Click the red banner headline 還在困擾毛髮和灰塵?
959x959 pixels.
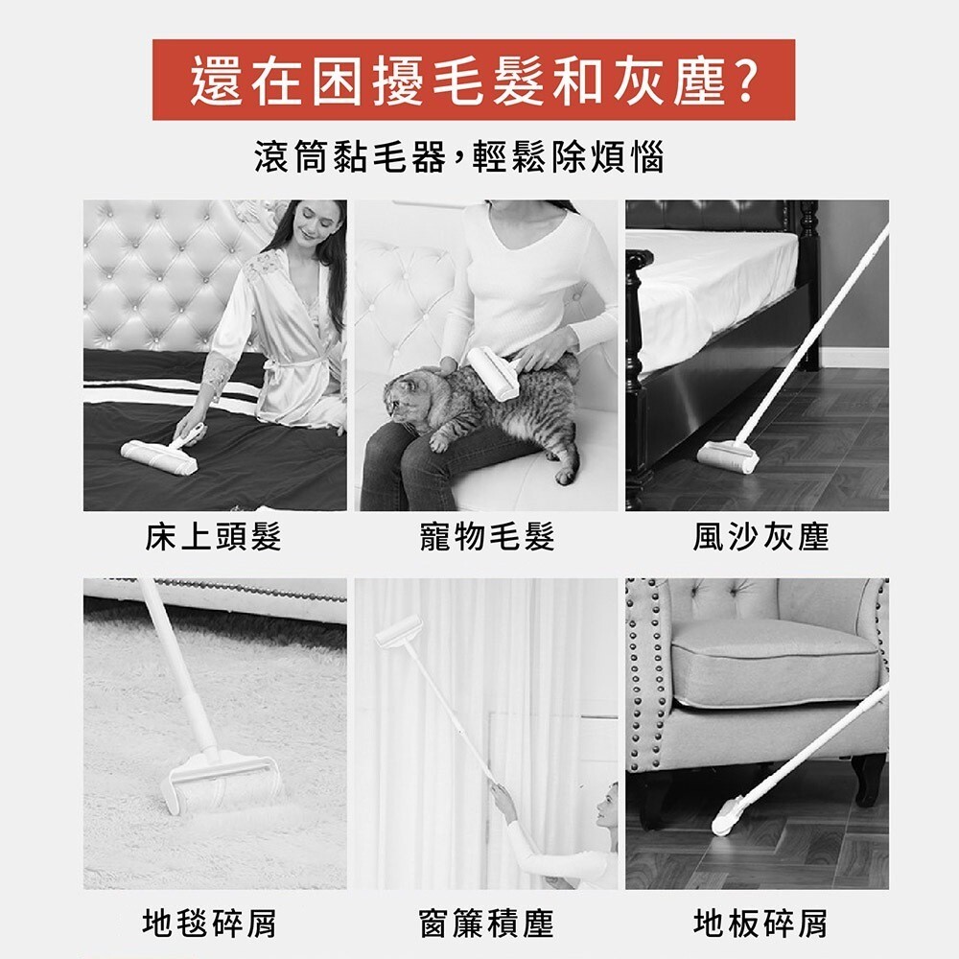click(474, 81)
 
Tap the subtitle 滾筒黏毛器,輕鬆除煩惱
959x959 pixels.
click(459, 157)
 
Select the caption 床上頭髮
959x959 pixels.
click(214, 537)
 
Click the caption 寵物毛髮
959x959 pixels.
click(487, 537)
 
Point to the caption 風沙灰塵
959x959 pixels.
click(760, 537)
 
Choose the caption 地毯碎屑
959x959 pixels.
click(210, 923)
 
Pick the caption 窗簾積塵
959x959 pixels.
click(487, 923)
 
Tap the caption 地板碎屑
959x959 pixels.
click(760, 923)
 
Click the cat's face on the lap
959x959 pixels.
click(404, 399)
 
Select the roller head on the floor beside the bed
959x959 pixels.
click(728, 456)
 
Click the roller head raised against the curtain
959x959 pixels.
click(399, 632)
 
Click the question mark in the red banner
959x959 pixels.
click(744, 81)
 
